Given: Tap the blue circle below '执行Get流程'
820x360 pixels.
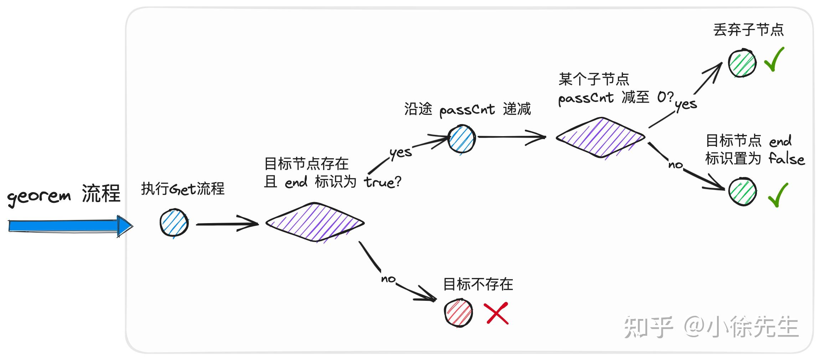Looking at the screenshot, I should [x=174, y=223].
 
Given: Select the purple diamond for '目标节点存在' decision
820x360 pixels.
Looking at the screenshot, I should [x=315, y=223].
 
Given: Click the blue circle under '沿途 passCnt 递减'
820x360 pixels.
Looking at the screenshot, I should [x=461, y=139].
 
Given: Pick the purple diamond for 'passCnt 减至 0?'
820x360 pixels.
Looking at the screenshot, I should [x=601, y=137].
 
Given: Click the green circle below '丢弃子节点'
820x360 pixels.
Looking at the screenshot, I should [x=742, y=63].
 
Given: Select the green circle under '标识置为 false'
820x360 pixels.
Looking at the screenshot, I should [x=742, y=192].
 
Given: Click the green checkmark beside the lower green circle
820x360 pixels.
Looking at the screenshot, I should [x=778, y=195].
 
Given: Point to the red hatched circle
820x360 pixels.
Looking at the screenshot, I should [x=458, y=313].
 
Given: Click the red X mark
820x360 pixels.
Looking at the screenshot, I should [x=496, y=313].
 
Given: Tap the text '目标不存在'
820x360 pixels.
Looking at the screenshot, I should [x=478, y=284].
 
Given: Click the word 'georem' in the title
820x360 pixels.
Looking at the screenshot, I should [x=39, y=196].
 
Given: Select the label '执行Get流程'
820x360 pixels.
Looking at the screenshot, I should [x=182, y=189].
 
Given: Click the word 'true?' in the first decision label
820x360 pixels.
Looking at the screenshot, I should [x=383, y=182].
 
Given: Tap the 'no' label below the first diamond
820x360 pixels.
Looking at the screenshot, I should [x=388, y=278].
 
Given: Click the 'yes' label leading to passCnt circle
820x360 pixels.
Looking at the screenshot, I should [x=401, y=153].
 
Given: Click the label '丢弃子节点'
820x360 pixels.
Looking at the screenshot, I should [x=748, y=30].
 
